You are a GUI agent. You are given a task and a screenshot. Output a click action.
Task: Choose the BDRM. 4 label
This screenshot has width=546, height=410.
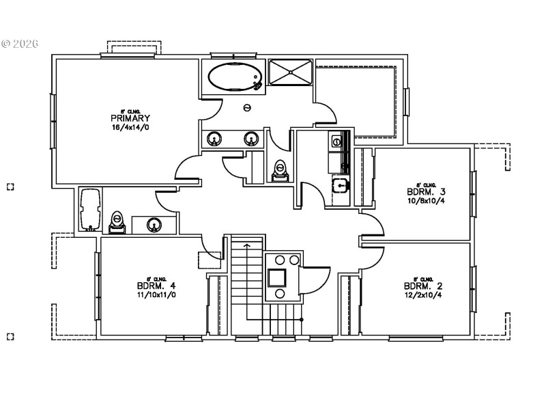[152, 286]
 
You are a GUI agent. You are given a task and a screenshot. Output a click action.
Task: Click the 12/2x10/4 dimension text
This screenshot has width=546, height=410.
[418, 296]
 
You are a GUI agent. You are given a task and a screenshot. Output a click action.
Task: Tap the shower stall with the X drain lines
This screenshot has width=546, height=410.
[290, 72]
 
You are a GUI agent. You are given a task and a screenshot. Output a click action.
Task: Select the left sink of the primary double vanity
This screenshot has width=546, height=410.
[214, 139]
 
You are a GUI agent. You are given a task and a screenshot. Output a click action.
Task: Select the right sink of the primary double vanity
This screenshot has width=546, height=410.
[251, 139]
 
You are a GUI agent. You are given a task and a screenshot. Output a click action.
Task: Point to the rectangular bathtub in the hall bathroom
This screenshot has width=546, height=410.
[89, 209]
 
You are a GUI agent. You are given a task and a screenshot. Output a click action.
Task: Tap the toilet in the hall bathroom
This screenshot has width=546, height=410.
[117, 221]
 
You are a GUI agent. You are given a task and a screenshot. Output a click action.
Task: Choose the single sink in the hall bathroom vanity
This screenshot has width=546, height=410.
[154, 223]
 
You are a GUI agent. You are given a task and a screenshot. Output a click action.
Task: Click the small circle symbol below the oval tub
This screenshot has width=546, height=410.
[247, 107]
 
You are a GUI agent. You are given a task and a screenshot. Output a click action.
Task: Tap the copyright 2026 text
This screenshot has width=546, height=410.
[20, 44]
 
